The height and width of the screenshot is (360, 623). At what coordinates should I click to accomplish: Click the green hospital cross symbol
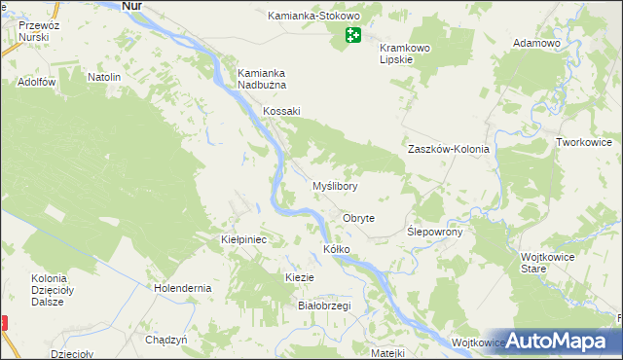tap(352, 36)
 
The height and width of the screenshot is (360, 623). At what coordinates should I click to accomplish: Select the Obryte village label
tap(359, 219)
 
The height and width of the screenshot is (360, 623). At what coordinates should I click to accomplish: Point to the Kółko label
tap(336, 250)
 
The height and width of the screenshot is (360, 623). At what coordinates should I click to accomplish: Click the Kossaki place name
tap(281, 111)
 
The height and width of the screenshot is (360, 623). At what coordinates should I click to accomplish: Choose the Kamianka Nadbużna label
tap(263, 79)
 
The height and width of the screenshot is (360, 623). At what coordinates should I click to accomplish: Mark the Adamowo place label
tap(536, 45)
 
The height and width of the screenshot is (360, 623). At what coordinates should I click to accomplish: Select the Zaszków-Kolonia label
tap(448, 150)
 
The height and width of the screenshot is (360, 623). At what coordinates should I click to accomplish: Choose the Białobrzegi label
tap(323, 306)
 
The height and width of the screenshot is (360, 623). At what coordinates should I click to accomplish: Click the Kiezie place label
tap(299, 277)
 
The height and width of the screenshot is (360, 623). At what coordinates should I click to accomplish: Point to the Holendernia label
tap(183, 288)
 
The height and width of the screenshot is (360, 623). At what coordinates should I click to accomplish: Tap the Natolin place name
tap(104, 77)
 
